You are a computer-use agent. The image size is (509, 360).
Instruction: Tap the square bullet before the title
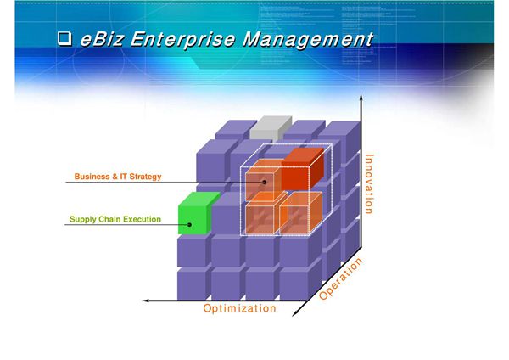pos(64,40)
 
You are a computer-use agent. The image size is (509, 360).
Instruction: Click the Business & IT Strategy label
pos(118,177)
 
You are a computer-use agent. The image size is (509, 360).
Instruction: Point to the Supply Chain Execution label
pos(115,220)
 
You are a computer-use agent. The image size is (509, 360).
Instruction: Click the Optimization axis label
pos(239,308)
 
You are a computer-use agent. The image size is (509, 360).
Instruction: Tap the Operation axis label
pos(341,280)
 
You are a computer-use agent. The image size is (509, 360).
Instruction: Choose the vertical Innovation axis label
pos(368,183)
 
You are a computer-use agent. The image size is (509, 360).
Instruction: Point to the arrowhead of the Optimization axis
pos(146,300)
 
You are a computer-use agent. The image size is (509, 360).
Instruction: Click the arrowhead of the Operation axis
pos(297,315)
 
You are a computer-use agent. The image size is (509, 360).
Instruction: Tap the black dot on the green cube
pos(191,225)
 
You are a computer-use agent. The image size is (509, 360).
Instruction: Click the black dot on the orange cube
pos(265,182)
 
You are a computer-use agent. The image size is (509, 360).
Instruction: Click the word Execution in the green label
pos(140,220)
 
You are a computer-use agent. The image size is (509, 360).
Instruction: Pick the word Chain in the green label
pos(106,220)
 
